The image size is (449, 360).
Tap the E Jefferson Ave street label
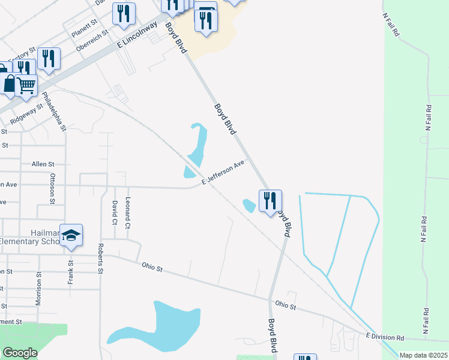pyautogui.click(x=223, y=172)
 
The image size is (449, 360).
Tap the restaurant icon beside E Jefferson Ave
pyautogui.click(x=270, y=200)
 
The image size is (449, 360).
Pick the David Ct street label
pyautogui.click(x=114, y=213)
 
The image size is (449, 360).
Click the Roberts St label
pyautogui.click(x=101, y=259)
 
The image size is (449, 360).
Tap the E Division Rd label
pyautogui.click(x=384, y=337)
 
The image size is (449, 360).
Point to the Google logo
pyautogui.click(x=20, y=353)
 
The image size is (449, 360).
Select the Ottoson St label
pyautogui.click(x=53, y=189)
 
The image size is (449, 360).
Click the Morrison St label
pyautogui.click(x=38, y=288)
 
